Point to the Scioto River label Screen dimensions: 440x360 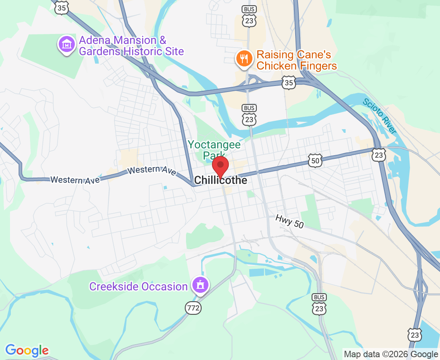click(x=380, y=116)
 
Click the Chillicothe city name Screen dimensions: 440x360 click(x=220, y=181)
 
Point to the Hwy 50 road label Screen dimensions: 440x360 click(x=290, y=221)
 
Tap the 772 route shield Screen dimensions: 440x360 click(x=193, y=308)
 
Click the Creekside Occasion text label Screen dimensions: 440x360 click(x=138, y=287)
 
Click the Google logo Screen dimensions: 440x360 click(x=27, y=350)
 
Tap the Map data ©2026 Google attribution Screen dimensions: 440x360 click(x=391, y=354)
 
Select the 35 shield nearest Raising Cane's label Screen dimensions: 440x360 click(x=289, y=83)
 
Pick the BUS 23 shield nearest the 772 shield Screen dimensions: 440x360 click(x=319, y=305)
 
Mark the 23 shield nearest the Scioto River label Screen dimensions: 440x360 click(x=378, y=154)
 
